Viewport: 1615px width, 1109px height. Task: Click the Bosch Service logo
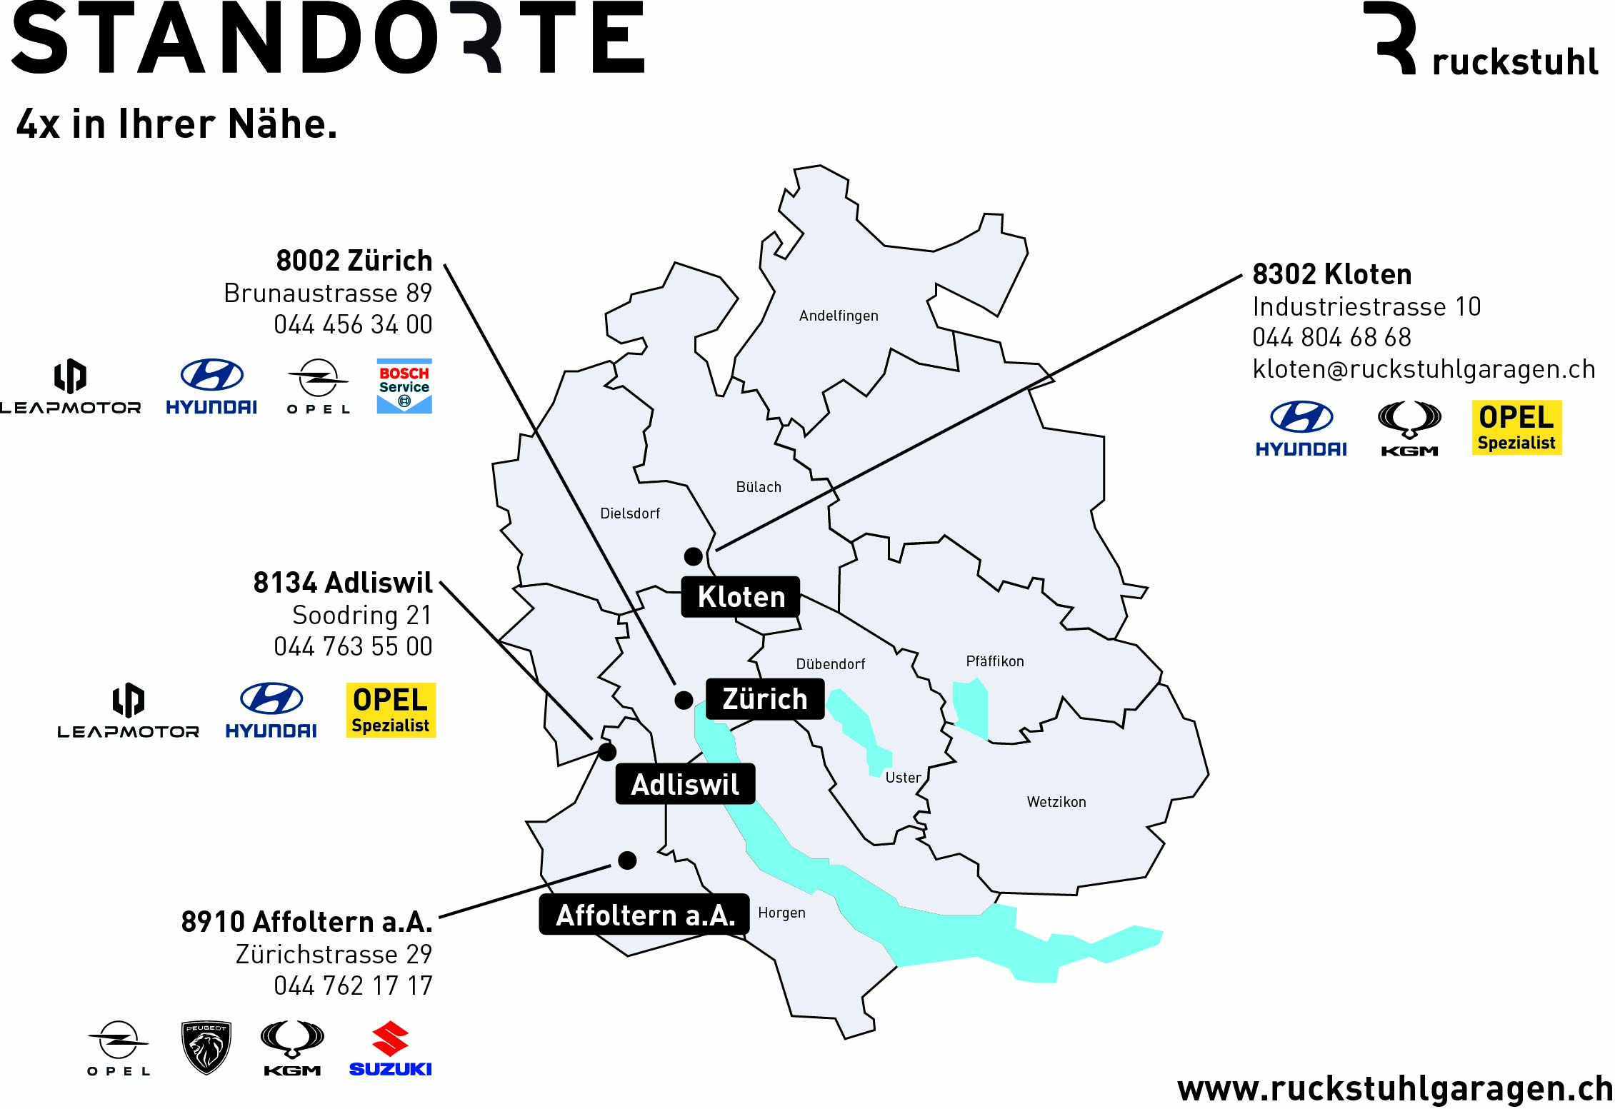tap(404, 386)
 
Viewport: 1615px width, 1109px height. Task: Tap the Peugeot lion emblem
tap(206, 1048)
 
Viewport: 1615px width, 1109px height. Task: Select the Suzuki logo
tap(390, 1048)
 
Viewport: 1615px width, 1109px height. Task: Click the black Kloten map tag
tap(741, 597)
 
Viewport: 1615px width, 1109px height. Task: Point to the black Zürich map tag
tap(764, 699)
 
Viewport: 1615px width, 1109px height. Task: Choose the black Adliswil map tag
tap(685, 784)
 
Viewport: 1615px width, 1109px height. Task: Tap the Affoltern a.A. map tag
tap(644, 915)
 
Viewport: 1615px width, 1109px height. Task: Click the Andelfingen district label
tap(839, 316)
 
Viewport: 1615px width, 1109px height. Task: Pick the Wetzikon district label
tap(1056, 802)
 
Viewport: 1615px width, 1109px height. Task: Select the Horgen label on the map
tap(781, 913)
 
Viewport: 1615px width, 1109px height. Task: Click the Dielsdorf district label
tap(630, 513)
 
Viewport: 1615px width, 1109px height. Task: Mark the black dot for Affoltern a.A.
tap(627, 860)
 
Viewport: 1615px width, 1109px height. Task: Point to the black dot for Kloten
tap(693, 556)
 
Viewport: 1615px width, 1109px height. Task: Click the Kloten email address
tap(1424, 369)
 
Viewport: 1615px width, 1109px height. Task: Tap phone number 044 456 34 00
tap(353, 325)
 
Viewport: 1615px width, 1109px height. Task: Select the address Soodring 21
tap(362, 615)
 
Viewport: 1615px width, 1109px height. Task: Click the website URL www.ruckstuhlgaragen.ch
tap(1395, 1089)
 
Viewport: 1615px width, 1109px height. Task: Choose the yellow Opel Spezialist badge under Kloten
tap(1516, 428)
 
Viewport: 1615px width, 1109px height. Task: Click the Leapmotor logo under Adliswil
tap(129, 711)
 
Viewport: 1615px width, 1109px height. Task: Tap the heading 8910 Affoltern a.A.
tap(306, 922)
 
